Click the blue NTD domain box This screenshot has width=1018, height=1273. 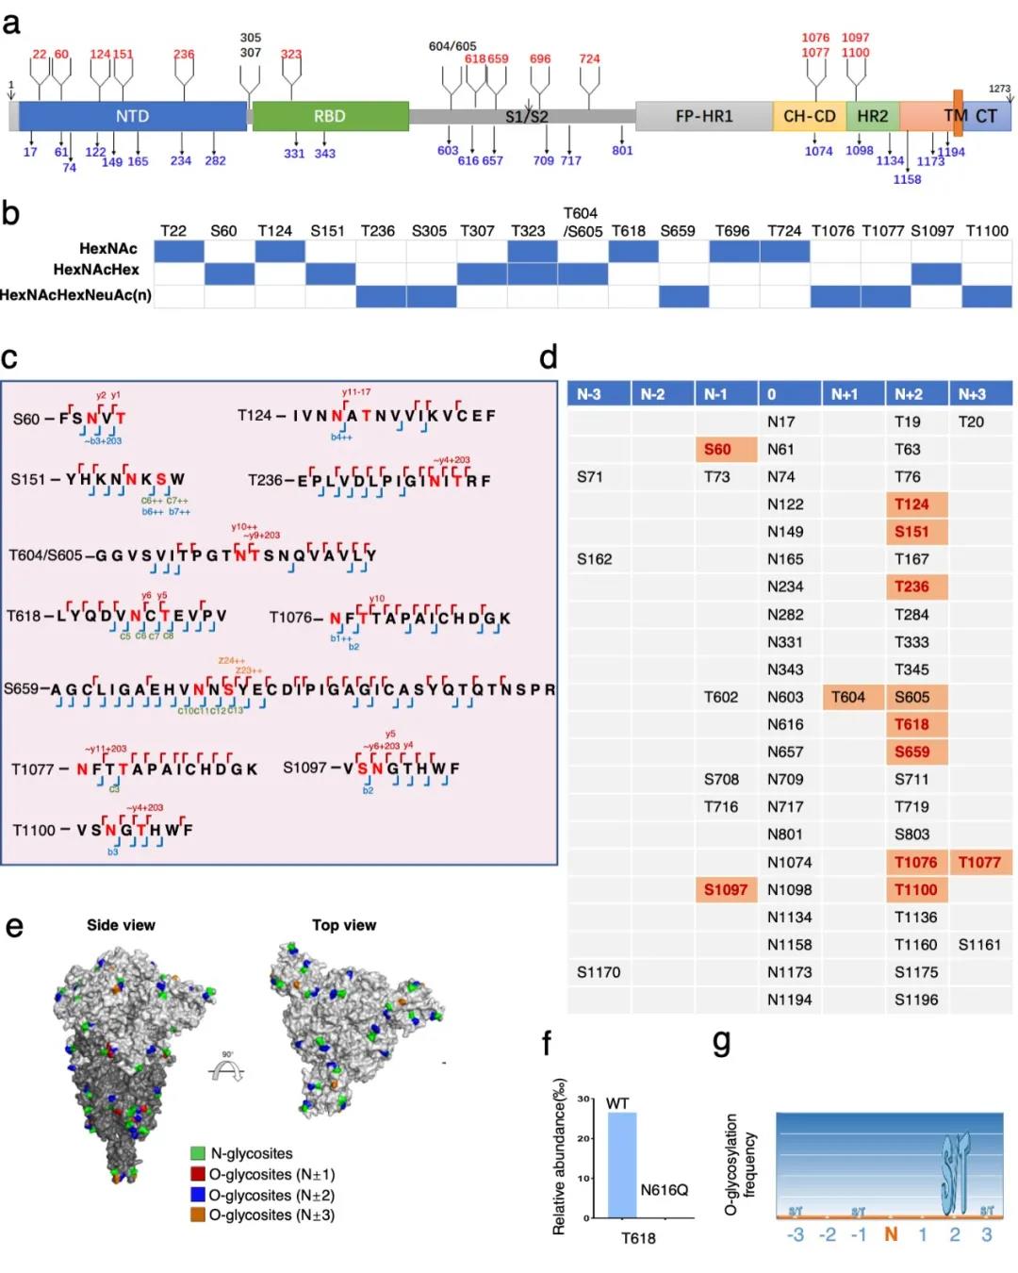(133, 116)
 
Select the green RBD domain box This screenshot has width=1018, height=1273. (330, 116)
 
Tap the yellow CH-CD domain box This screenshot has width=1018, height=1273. (809, 116)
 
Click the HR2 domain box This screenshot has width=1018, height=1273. (872, 116)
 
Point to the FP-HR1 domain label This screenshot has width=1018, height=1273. (703, 116)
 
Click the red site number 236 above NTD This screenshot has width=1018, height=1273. (184, 55)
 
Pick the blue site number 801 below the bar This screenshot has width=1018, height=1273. (622, 151)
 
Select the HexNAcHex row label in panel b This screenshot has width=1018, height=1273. (96, 271)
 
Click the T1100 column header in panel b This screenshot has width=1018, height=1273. (986, 231)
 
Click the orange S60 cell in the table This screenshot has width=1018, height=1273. (726, 450)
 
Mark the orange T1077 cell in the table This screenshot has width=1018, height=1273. (979, 862)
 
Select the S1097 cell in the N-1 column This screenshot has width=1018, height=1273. (726, 889)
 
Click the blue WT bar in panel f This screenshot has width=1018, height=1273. (622, 1166)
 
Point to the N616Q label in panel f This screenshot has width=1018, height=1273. (665, 1190)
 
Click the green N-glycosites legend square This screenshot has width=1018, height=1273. (198, 1153)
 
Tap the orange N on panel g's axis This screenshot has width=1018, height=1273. (891, 1234)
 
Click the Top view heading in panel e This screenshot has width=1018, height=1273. (344, 925)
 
